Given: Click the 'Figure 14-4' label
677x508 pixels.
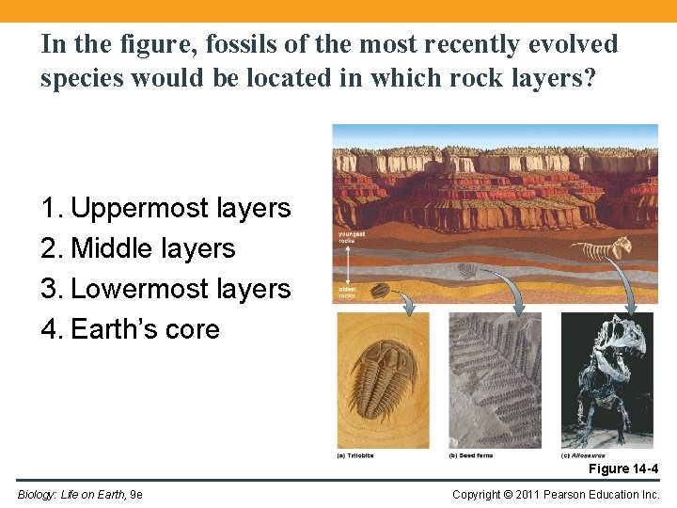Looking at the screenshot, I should [x=623, y=468].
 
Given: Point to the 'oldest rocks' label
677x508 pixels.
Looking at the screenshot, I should [x=348, y=293].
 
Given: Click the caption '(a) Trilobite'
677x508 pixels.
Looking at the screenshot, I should [x=356, y=455].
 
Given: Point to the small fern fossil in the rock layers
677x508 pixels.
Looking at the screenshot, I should [x=467, y=271].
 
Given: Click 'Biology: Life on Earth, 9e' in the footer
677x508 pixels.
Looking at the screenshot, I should [x=80, y=494].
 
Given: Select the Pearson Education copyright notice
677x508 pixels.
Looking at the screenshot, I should [x=556, y=494].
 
